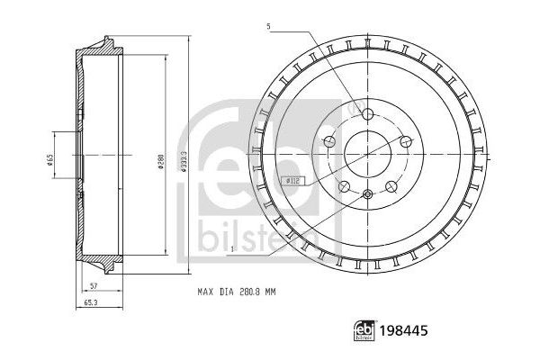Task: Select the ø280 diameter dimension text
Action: [160, 161]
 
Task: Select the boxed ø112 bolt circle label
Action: [293, 179]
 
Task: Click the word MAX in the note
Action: [206, 292]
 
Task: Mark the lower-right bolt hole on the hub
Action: [391, 187]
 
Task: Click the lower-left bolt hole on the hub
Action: [343, 187]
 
